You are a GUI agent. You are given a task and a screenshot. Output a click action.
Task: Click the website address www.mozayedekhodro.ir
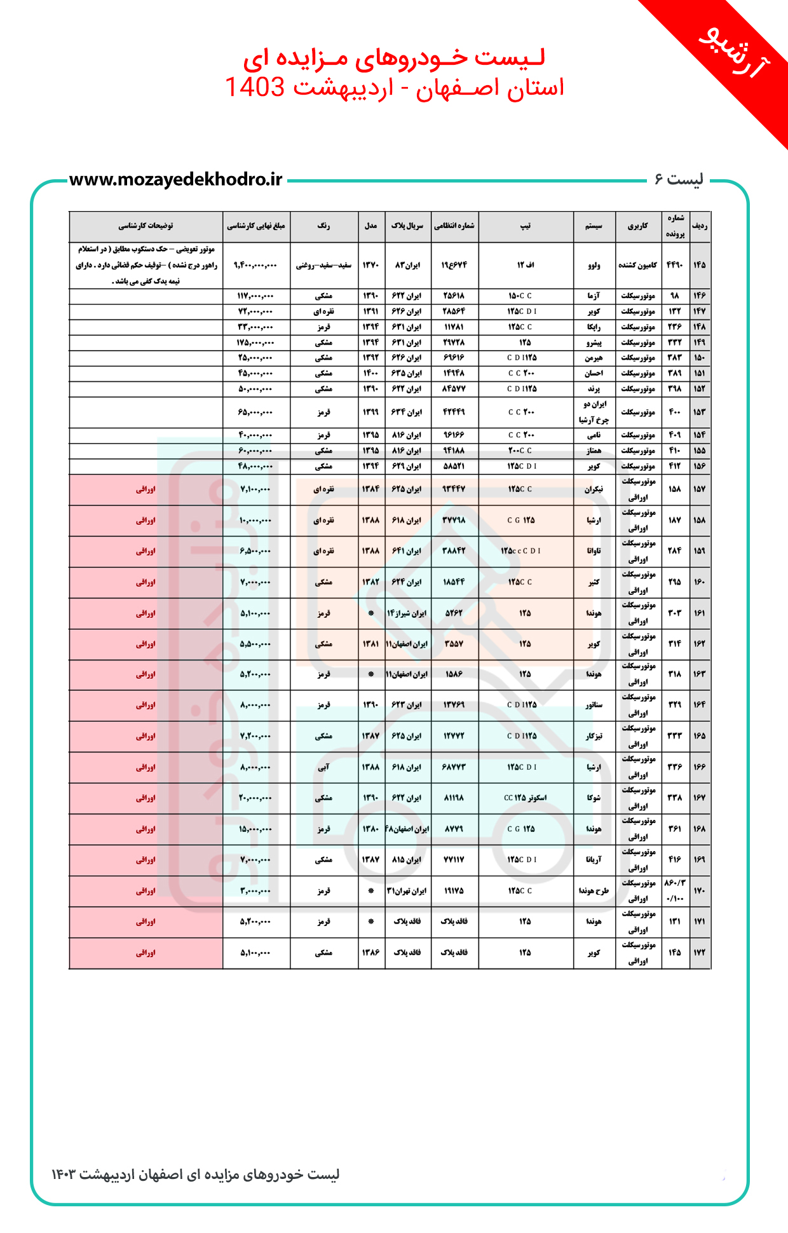(x=175, y=180)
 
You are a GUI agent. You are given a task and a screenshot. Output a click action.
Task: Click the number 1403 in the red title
(x=255, y=87)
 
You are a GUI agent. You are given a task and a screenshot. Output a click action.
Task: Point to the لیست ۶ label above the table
(x=679, y=180)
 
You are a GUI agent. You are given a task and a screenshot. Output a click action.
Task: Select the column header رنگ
(x=324, y=226)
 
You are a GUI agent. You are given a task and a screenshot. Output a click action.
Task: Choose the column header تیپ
(x=526, y=226)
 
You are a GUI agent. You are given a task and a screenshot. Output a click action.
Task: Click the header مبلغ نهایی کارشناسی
(x=256, y=226)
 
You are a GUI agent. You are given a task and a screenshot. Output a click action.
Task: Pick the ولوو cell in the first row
(x=594, y=265)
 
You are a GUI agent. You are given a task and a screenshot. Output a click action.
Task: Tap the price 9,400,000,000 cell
(x=256, y=265)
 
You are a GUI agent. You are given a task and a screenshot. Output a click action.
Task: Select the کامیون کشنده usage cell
(x=638, y=265)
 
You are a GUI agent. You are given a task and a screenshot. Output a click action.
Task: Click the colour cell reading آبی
(x=324, y=767)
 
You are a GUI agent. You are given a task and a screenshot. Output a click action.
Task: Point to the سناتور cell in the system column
(x=594, y=705)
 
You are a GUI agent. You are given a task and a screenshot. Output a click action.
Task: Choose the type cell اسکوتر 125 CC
(x=526, y=798)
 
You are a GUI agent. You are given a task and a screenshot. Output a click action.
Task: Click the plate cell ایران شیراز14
(x=407, y=613)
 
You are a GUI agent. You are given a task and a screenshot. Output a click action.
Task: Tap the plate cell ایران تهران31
(x=407, y=891)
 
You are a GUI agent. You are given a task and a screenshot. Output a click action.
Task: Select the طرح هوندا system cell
(x=594, y=891)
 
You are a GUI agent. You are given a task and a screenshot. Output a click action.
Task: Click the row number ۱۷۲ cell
(x=699, y=953)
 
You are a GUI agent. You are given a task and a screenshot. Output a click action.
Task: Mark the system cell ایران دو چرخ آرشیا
(x=594, y=412)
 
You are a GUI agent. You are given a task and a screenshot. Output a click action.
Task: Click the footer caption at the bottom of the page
(x=196, y=1175)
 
